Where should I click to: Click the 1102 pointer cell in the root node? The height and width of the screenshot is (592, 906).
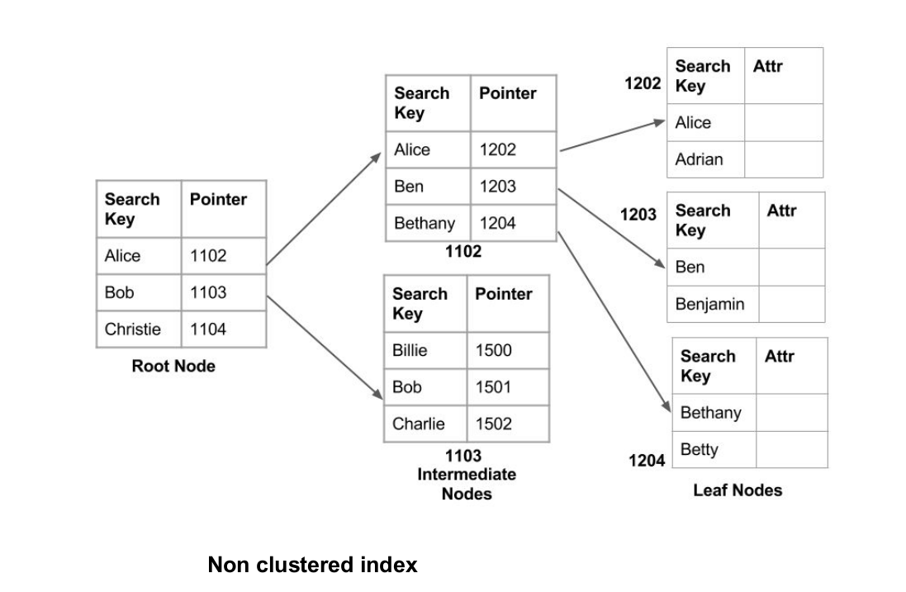tap(223, 256)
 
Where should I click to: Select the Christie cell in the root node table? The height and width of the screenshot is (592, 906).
tap(138, 329)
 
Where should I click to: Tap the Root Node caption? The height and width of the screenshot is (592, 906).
tap(173, 367)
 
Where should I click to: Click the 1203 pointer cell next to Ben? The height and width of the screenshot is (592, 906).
tap(512, 187)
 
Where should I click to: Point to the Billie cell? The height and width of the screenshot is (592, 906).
tap(425, 350)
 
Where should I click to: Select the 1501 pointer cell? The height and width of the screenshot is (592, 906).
tap(508, 387)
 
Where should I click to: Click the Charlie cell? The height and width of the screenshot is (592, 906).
tap(425, 424)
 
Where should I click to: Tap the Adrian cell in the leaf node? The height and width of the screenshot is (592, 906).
tap(704, 159)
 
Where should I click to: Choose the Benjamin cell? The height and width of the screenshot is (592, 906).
tap(710, 304)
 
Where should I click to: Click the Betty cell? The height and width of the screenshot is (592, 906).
tap(714, 450)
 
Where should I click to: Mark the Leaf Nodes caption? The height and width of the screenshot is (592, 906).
tap(738, 490)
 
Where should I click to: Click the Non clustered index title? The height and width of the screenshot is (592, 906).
tap(312, 565)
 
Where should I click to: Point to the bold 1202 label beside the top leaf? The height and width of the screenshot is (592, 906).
tap(643, 83)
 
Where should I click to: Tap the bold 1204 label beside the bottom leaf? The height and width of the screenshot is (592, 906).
tap(647, 461)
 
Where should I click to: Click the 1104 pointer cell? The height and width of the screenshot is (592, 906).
tap(223, 329)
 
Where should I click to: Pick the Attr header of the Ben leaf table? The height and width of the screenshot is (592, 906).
tap(781, 211)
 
